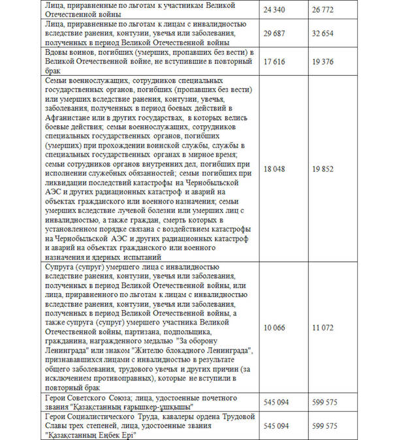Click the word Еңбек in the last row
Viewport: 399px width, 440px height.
point(94,435)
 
